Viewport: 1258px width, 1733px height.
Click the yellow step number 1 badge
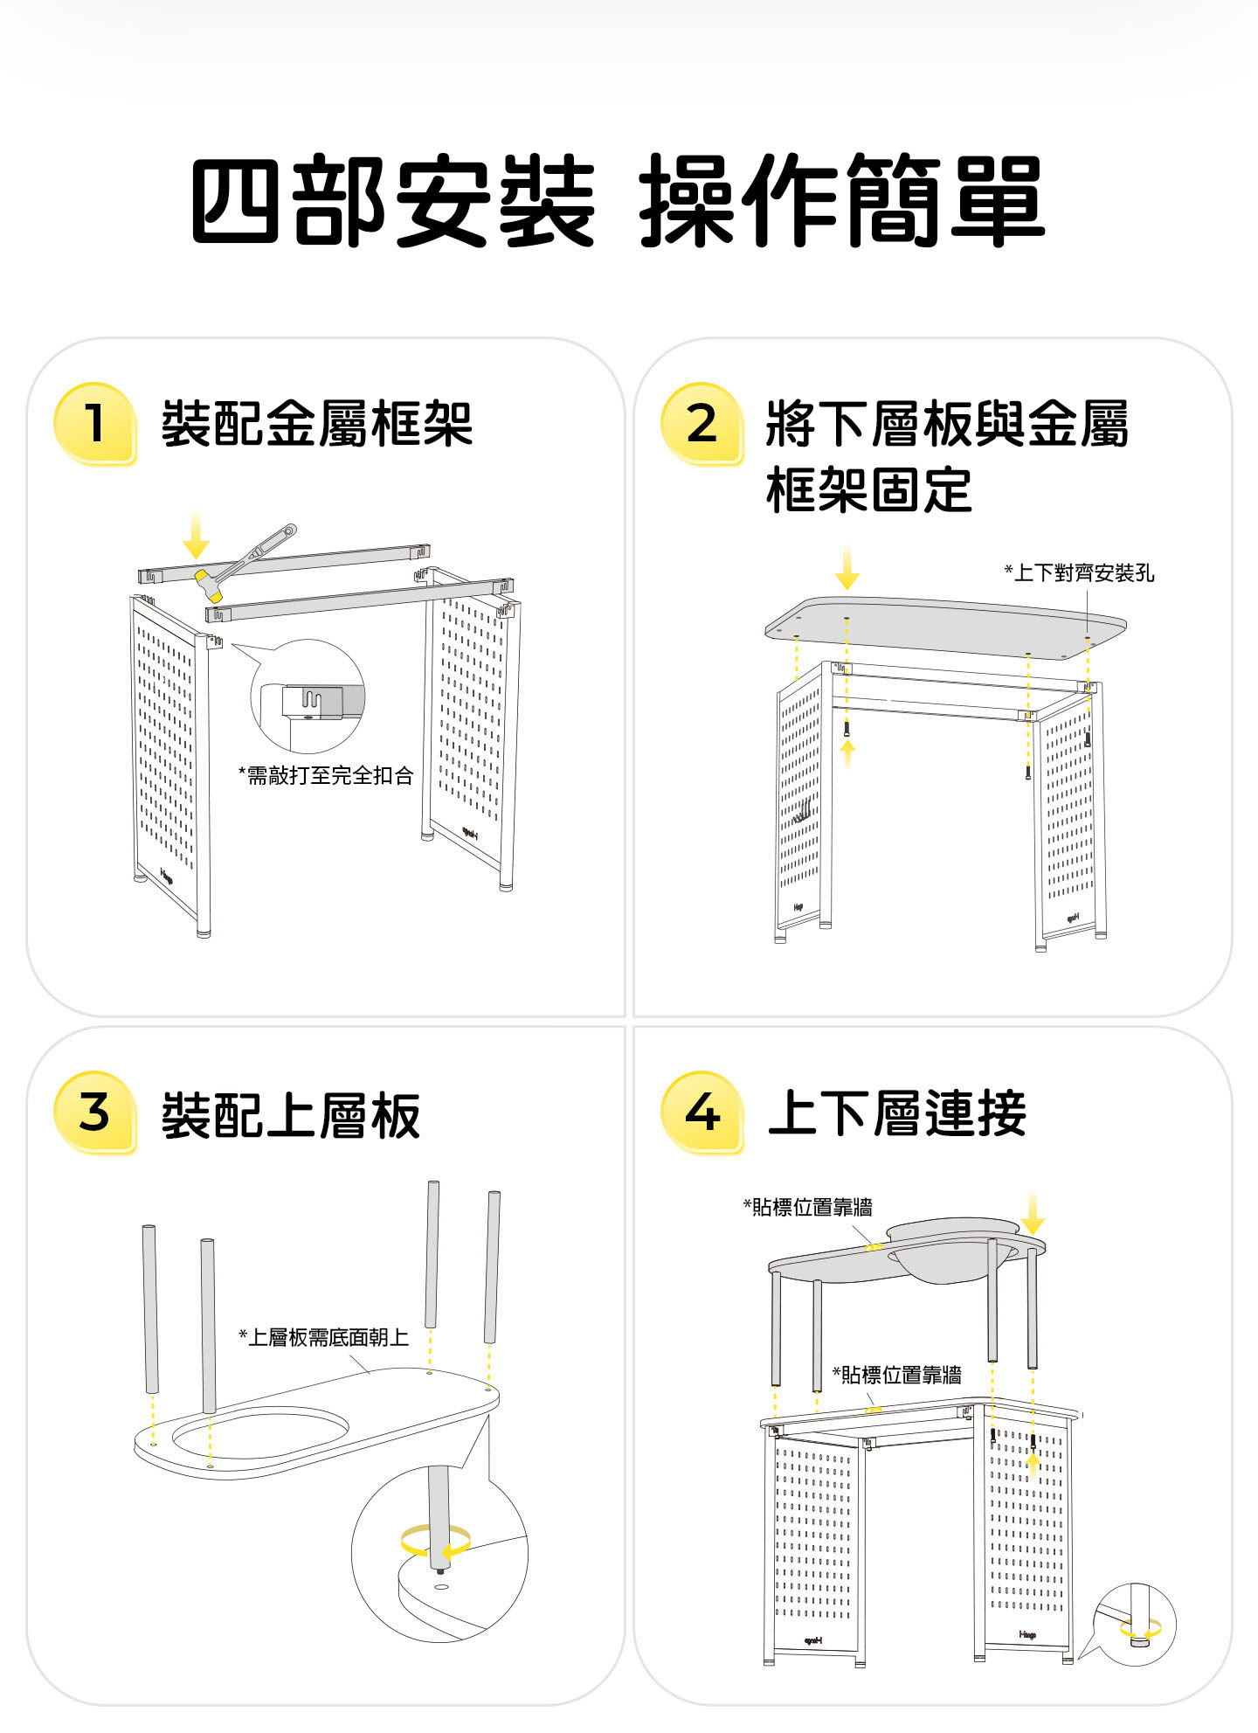click(x=94, y=423)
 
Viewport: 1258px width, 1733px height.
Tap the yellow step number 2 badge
click(x=702, y=423)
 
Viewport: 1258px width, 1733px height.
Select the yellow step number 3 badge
click(x=94, y=1112)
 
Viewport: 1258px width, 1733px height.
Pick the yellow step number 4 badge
click(x=702, y=1112)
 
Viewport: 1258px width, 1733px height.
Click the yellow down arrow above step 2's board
click(x=847, y=568)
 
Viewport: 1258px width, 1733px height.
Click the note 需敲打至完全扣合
click(x=325, y=775)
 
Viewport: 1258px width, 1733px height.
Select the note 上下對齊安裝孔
click(x=1079, y=573)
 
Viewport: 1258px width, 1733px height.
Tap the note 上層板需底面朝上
click(x=323, y=1337)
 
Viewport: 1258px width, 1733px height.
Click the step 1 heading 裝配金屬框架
click(x=316, y=424)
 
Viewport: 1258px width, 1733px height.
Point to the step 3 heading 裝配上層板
click(x=290, y=1115)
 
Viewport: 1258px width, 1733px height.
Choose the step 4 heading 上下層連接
click(x=896, y=1113)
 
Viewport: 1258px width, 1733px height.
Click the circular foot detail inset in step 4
click(x=1135, y=1624)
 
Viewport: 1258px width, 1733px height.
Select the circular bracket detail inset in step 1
click(x=308, y=697)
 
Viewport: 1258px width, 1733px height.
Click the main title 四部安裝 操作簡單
click(x=617, y=200)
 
